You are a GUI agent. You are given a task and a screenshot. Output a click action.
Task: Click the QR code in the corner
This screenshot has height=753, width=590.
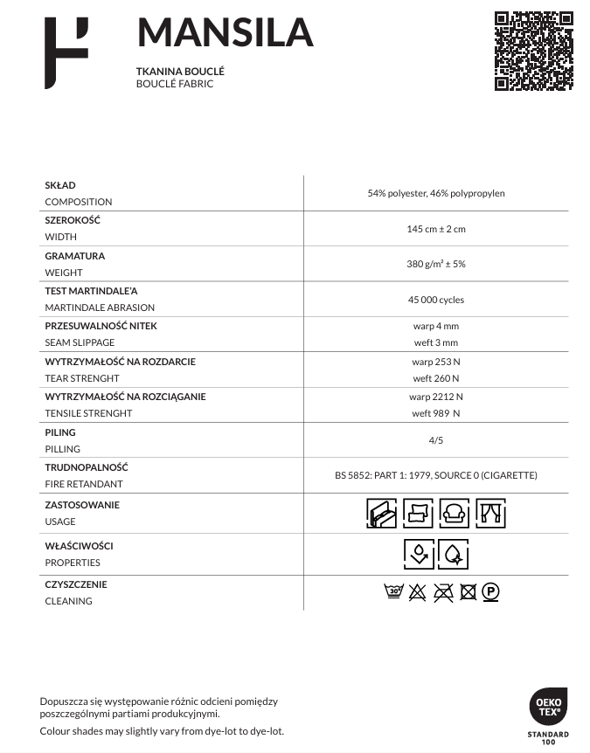click(534, 51)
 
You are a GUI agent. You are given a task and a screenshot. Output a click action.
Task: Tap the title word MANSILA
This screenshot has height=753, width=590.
click(225, 33)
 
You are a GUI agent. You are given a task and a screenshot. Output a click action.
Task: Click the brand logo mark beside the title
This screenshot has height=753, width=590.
click(66, 53)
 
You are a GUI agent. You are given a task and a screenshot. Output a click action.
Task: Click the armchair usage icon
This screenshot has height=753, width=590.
click(454, 513)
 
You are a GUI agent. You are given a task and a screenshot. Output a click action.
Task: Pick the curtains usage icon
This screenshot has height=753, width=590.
click(490, 513)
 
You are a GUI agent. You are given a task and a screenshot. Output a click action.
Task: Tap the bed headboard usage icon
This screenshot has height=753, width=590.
click(381, 513)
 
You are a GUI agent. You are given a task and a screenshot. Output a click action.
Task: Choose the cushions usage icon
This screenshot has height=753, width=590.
click(418, 513)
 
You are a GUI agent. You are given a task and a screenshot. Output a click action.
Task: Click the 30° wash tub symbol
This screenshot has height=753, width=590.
click(393, 592)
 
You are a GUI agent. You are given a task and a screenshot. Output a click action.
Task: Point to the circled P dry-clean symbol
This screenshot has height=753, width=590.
click(491, 592)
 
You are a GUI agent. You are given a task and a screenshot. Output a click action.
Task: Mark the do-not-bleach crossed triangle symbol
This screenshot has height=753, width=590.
click(417, 592)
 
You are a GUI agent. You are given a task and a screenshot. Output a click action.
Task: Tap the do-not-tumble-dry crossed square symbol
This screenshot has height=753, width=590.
click(468, 592)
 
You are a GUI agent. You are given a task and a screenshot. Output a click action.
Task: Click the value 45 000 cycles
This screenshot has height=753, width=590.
click(436, 300)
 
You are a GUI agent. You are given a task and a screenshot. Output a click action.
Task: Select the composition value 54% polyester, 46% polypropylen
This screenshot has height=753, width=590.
click(436, 193)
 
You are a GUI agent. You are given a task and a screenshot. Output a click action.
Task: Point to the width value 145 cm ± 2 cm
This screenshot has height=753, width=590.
click(436, 229)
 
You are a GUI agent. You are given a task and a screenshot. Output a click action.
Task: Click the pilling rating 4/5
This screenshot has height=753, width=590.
click(436, 441)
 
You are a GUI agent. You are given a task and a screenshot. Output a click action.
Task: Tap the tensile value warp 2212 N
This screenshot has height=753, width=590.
click(436, 397)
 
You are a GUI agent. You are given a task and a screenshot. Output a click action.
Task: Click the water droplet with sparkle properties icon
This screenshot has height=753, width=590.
click(455, 554)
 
